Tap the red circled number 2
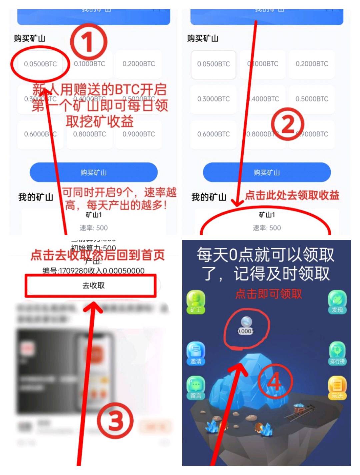pyautogui.click(x=288, y=124)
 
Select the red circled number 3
pyautogui.click(x=115, y=421)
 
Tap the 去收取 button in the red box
pyautogui.click(x=93, y=286)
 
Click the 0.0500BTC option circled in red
pyautogui.click(x=40, y=64)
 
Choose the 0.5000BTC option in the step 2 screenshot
pyautogui.click(x=312, y=99)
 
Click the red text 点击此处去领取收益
pyautogui.click(x=292, y=195)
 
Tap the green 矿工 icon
pyautogui.click(x=196, y=301)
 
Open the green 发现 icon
pyautogui.click(x=337, y=301)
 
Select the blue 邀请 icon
pyautogui.click(x=196, y=353)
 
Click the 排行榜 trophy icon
pyautogui.click(x=337, y=353)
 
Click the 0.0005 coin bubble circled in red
pyautogui.click(x=246, y=326)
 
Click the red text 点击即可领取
pyautogui.click(x=269, y=294)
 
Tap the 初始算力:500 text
pyautogui.click(x=93, y=248)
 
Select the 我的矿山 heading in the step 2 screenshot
pyautogui.click(x=209, y=197)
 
